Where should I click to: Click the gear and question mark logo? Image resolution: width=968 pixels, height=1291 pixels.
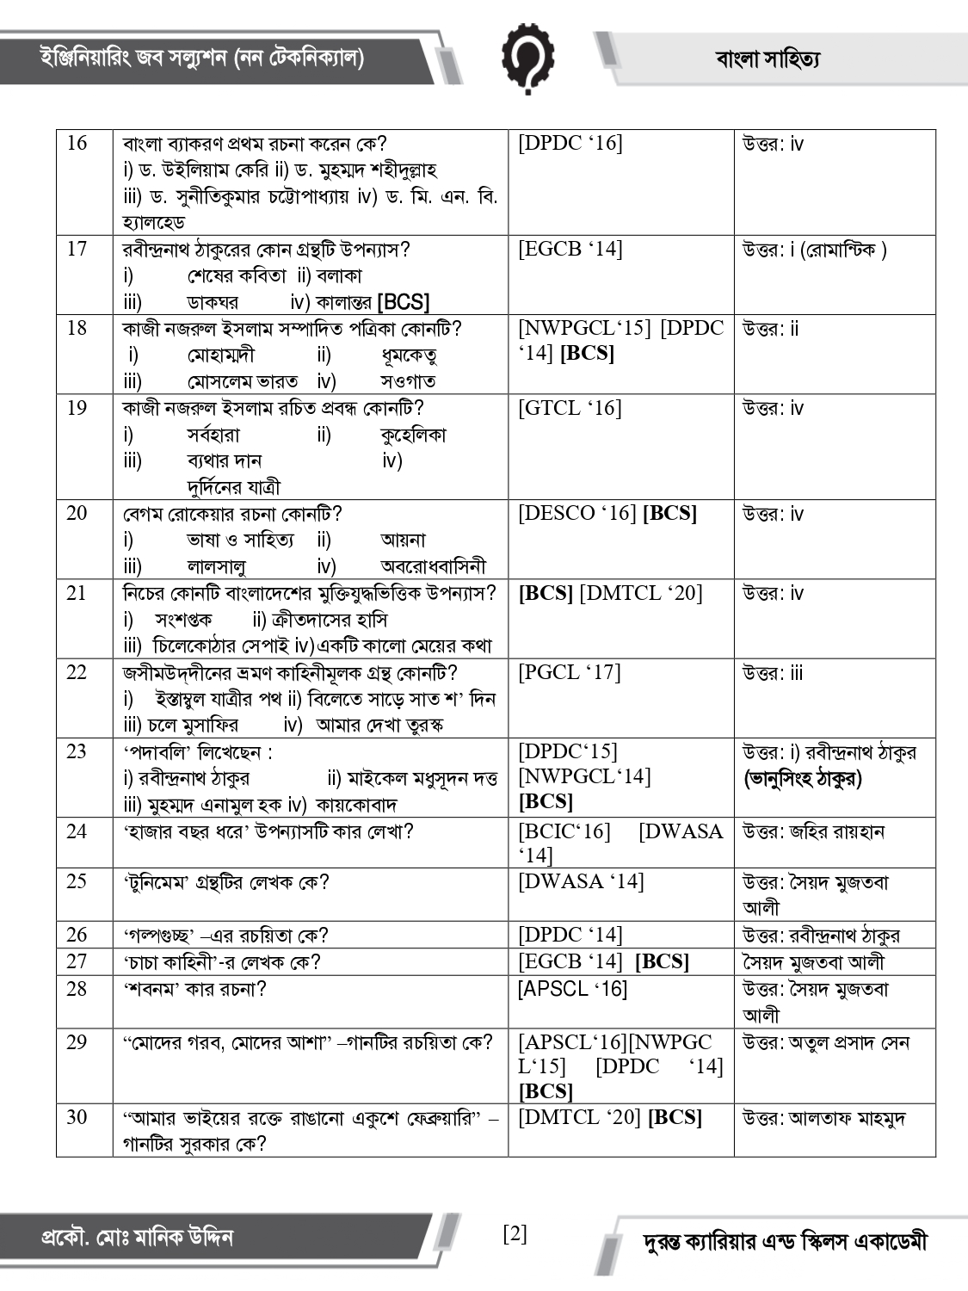coord(527,58)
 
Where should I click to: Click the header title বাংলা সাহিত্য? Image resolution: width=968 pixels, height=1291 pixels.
coord(768,59)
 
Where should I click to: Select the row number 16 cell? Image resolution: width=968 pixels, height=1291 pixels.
coord(77,143)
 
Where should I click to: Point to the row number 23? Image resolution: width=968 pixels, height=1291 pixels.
coord(77,751)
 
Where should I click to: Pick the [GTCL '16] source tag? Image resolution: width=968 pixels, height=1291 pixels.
coord(570,408)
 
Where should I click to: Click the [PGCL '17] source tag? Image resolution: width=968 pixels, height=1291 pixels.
coord(570,672)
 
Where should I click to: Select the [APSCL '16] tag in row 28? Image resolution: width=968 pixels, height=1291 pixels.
coord(572,989)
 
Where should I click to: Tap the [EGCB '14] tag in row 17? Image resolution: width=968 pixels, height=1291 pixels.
coord(570,249)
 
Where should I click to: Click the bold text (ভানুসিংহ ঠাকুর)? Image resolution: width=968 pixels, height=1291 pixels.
coord(803,779)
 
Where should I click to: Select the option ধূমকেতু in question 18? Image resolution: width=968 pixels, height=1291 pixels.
coord(409,355)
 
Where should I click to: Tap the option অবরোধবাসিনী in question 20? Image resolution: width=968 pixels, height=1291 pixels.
coord(433,566)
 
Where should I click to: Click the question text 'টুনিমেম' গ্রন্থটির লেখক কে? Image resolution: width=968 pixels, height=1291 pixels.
coord(226,882)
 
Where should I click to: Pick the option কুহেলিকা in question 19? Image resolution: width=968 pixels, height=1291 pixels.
coord(413,435)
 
